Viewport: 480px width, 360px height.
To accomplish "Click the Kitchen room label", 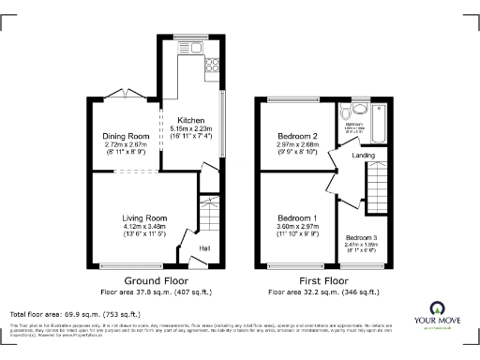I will coord(191,120).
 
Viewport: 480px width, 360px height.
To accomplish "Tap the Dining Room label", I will coord(125,137).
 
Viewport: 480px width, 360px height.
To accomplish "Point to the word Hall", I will coord(203,248).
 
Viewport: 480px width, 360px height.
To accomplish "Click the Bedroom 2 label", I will coord(296,137).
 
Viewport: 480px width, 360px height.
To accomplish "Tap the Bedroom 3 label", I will coord(361,237).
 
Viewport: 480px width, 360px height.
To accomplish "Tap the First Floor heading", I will coord(322,280).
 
